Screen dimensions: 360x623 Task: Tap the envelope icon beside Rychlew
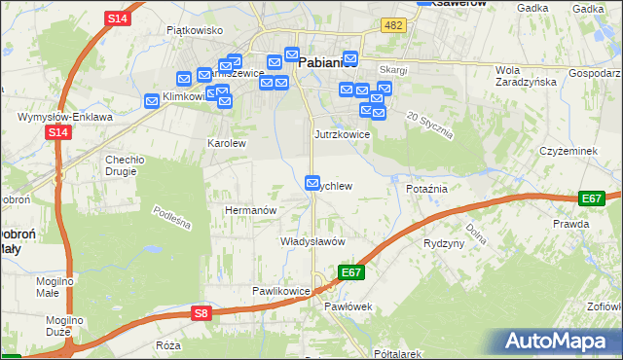click(312, 182)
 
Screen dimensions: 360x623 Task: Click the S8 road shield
click(201, 312)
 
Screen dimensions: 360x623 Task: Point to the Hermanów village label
click(252, 210)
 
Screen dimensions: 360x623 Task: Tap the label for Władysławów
click(313, 240)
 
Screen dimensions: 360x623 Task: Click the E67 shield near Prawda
click(591, 198)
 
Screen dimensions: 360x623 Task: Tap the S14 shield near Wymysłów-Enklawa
click(58, 131)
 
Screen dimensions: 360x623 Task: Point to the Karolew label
click(227, 143)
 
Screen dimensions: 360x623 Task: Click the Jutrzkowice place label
click(342, 134)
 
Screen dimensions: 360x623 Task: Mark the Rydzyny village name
click(444, 243)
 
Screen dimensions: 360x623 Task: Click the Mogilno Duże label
click(64, 325)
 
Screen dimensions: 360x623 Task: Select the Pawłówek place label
click(348, 306)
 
